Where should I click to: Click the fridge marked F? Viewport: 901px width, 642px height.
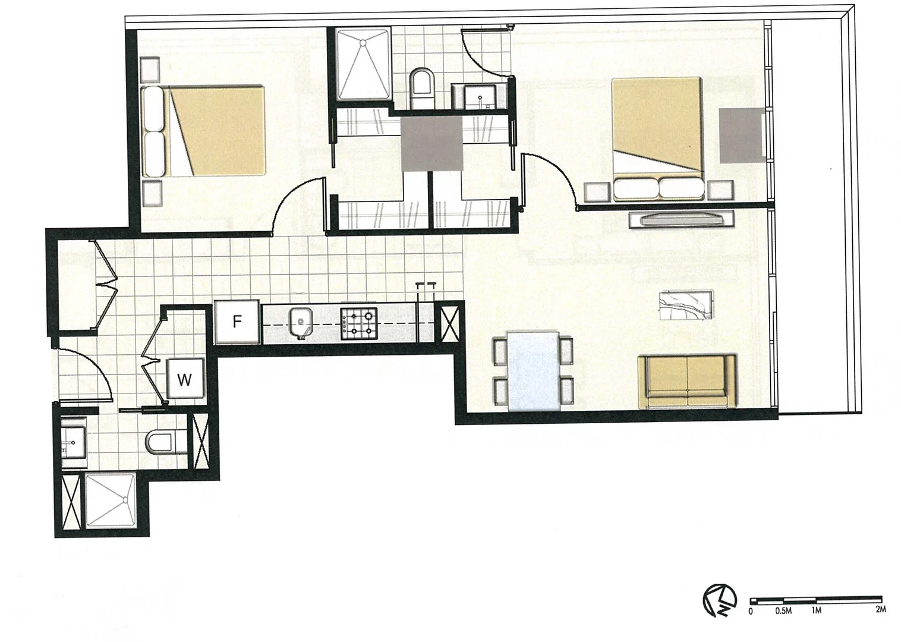coord(237,322)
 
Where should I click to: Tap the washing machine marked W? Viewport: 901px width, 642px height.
coord(185,379)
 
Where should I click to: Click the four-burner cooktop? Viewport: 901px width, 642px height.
coord(359,323)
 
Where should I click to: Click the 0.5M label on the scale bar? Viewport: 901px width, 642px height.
coord(783,610)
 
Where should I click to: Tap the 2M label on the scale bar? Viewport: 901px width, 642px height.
coord(881,610)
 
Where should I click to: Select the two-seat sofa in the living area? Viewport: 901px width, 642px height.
coord(687,381)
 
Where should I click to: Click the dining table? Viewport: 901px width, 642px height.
coord(534,371)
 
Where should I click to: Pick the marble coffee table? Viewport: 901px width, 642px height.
coord(686,305)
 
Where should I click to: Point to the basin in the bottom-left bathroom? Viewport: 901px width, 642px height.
coord(74,442)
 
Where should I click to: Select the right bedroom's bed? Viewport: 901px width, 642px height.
coord(658,138)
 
